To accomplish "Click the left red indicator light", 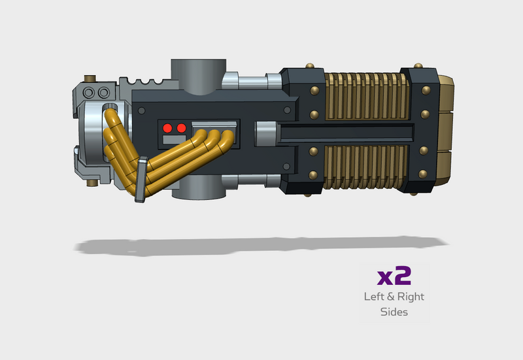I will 167,127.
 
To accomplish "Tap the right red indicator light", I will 181,127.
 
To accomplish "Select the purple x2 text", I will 394,276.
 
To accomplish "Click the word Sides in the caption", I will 394,312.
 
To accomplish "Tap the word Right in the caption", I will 409,297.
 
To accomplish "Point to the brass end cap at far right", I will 448,131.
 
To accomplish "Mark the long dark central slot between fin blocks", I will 346,134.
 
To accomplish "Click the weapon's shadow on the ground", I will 261,246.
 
